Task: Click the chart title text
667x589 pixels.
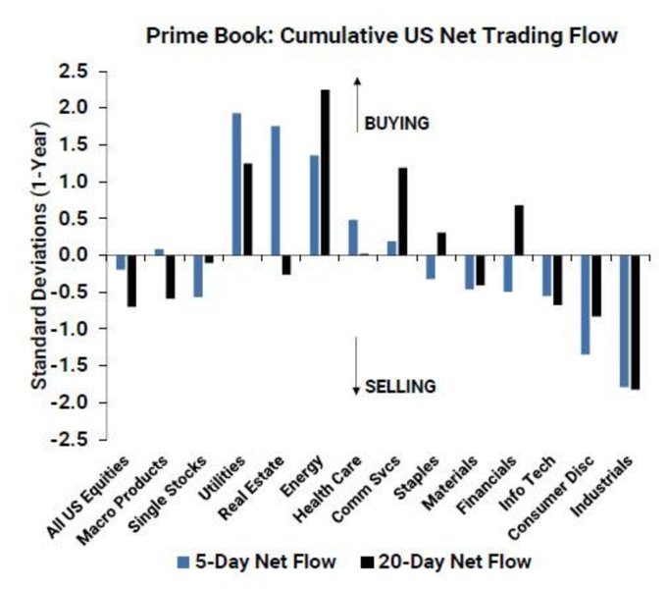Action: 382,36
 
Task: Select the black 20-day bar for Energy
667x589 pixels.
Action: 325,173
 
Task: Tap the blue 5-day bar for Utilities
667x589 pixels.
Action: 236,185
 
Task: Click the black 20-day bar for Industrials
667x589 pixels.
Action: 635,322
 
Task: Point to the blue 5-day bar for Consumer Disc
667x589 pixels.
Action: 585,304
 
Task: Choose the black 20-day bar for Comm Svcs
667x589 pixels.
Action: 402,211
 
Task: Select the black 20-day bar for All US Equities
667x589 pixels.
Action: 131,281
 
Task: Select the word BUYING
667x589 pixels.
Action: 397,124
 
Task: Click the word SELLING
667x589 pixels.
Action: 400,386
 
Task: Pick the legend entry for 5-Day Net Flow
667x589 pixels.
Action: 256,562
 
